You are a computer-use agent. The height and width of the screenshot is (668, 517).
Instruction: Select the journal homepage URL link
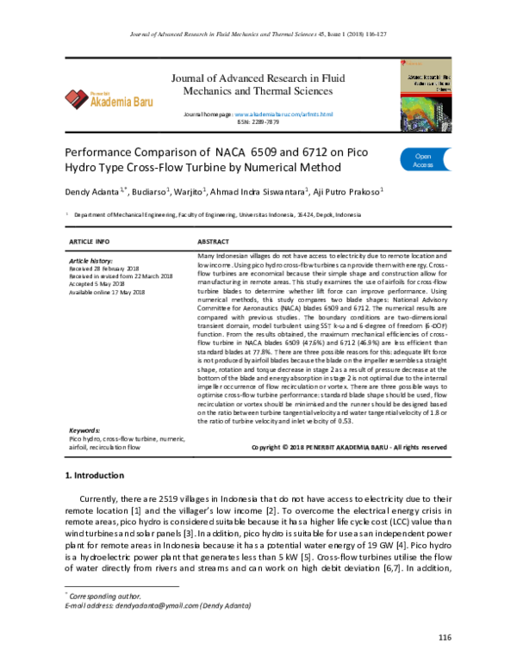(283, 114)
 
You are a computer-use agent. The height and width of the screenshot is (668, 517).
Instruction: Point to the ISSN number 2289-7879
(258, 122)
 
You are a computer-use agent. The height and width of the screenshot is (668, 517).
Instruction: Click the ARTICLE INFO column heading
(89, 243)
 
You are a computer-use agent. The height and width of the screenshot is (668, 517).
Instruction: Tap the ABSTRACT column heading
(214, 243)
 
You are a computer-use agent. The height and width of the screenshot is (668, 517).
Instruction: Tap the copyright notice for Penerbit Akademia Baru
(348, 448)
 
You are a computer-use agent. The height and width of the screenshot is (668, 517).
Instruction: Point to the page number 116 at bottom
(445, 637)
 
